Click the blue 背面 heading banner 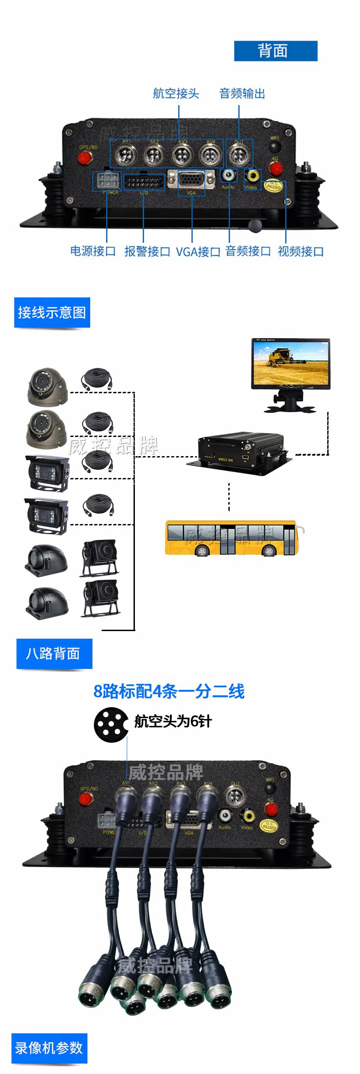pos(275,51)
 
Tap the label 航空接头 pos(176,93)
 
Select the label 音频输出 pos(242,93)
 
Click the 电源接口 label pos(93,251)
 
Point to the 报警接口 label pos(147,252)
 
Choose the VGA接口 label pos(198,252)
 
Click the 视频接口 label pos(301,252)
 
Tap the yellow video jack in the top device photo pos(252,175)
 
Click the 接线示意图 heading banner pos(52,313)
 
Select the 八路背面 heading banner pos(54,653)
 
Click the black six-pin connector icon pos(111,725)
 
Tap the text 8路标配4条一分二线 pos(169,691)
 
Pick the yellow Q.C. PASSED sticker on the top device pos(274,185)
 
